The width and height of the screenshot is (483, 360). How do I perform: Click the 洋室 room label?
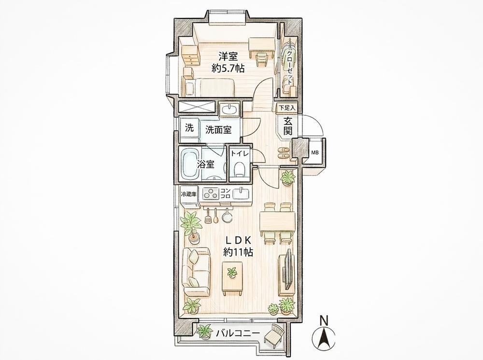228,56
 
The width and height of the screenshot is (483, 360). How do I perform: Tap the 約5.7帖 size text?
228,68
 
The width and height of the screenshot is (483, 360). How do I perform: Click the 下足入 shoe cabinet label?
287,108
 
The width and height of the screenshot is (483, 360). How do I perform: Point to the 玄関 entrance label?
288,125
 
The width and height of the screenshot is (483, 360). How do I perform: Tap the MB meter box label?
315,152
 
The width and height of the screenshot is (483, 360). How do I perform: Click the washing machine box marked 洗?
189,128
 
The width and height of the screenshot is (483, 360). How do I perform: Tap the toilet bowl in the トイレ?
239,168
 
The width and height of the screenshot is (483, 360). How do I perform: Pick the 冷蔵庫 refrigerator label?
188,194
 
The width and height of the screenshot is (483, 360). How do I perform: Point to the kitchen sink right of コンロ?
241,194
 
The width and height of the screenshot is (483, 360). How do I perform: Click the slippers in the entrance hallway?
284,152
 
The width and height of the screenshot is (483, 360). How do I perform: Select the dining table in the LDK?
278,222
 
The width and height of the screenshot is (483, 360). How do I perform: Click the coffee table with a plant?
233,277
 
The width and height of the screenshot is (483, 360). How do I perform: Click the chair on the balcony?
274,336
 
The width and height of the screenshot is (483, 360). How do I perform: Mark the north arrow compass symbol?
324,337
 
